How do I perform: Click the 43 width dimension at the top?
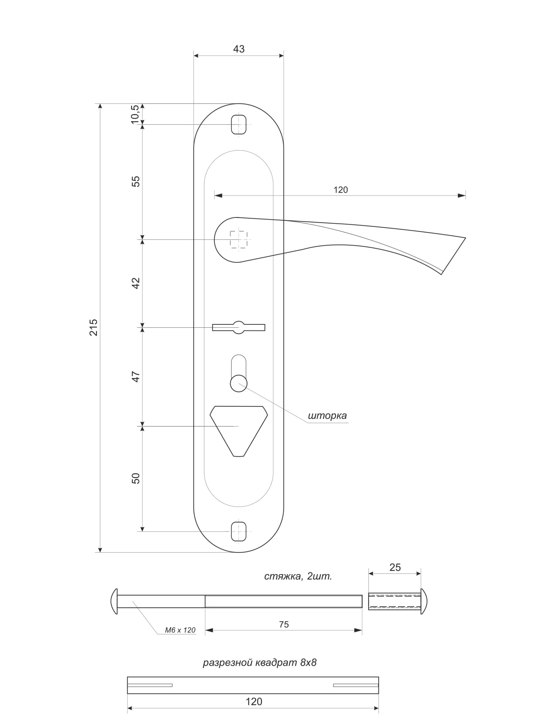pos(239,49)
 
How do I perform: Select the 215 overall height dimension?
pos(94,327)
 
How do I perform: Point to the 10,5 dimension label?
pos(135,114)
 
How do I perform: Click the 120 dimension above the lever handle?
pos(341,190)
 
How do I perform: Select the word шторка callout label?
pos(327,416)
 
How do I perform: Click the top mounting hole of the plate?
pos(239,124)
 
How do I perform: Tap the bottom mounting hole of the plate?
pos(239,531)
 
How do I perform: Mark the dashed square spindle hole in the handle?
pos(239,239)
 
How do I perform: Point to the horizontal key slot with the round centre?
pos(239,327)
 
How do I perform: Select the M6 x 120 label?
pos(180,630)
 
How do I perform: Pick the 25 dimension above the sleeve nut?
pos(395,567)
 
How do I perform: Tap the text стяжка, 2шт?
pos(298,576)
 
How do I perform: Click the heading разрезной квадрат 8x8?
pos(260,663)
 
